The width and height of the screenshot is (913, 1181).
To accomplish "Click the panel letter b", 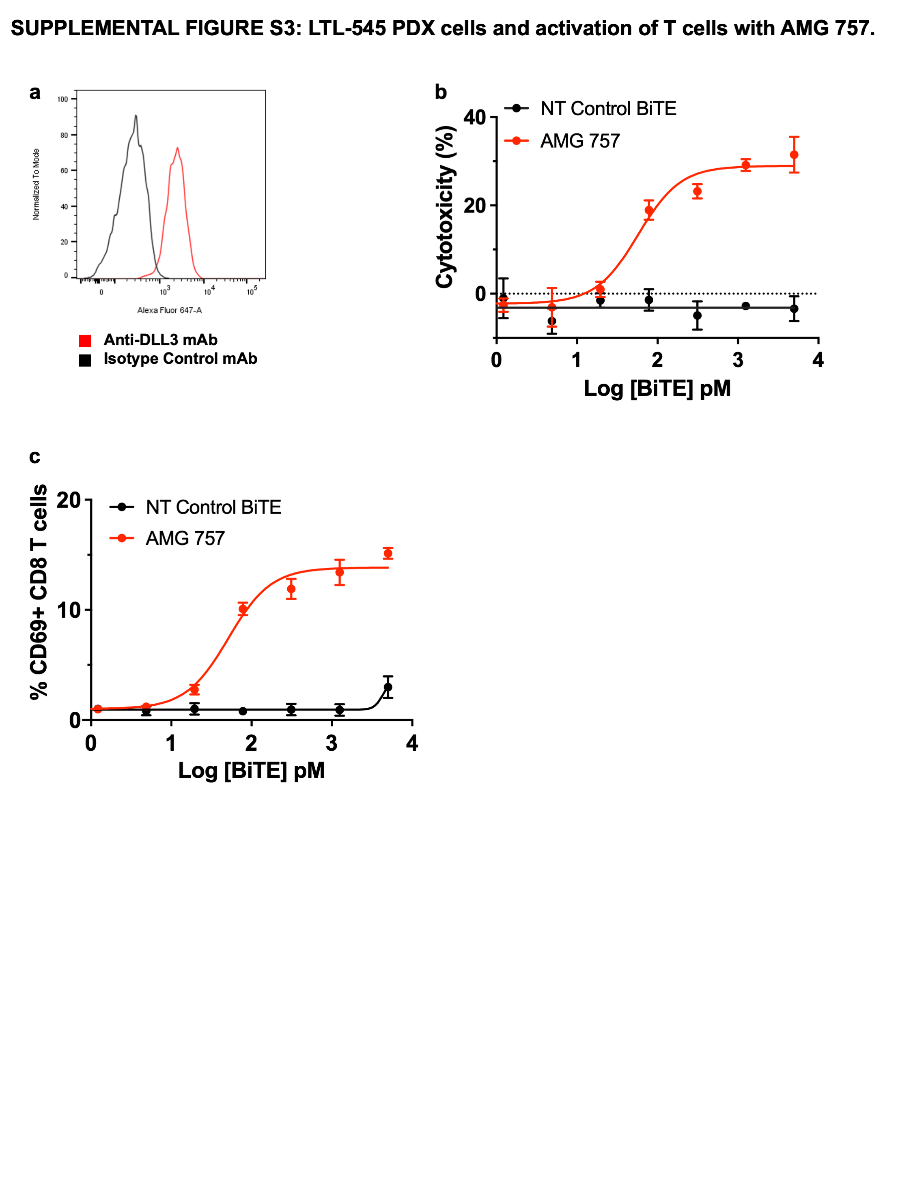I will [x=440, y=93].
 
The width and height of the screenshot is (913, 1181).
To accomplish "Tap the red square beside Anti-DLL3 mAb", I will [x=85, y=341].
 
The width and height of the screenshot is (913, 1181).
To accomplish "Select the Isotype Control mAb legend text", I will [x=180, y=359].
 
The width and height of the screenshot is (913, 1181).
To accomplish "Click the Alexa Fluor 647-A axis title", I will [x=169, y=310].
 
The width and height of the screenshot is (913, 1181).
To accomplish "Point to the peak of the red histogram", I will [x=177, y=148].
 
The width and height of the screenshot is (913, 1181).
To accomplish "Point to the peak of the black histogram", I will [x=136, y=115].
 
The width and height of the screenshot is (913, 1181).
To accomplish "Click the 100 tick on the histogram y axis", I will [x=63, y=99].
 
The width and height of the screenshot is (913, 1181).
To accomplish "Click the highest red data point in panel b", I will [x=793, y=155].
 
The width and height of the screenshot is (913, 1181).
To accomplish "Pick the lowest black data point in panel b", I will [x=552, y=321].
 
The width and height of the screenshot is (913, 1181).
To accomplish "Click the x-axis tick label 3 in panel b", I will [x=738, y=360].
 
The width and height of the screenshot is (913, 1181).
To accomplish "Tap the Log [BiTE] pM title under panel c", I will [x=252, y=770].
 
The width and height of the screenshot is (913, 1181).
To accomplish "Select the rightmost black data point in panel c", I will [x=388, y=687].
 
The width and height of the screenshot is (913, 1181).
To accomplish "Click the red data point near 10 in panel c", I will [x=243, y=609].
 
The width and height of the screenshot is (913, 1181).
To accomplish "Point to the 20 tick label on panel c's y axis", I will [x=69, y=500].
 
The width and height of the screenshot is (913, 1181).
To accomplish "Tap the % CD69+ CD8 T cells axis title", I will [x=39, y=592].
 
